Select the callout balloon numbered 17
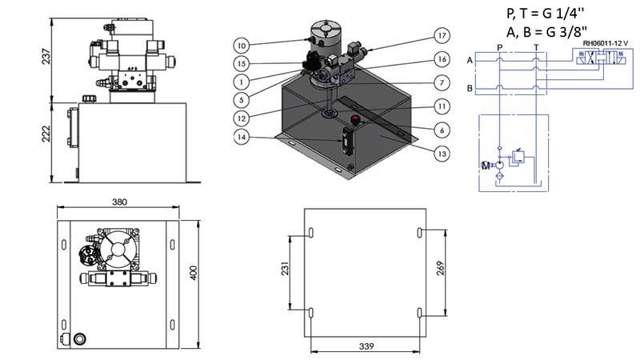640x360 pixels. pyautogui.click(x=440, y=35)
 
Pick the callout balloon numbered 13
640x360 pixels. pyautogui.click(x=440, y=153)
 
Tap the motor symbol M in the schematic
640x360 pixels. pyautogui.click(x=483, y=166)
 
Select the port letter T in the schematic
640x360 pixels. pyautogui.click(x=536, y=47)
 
